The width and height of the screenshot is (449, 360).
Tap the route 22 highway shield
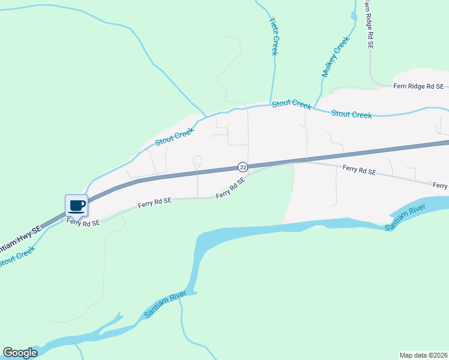coord(243,166)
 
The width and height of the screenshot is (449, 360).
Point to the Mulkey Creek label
coord(335,56)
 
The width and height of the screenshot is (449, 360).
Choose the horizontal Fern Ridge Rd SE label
coord(418,86)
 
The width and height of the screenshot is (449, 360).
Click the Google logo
coord(20,353)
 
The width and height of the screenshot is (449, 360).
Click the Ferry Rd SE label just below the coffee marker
coord(83,223)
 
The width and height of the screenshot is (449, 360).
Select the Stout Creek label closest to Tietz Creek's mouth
coord(292,104)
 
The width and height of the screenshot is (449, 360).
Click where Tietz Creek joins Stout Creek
coord(271,105)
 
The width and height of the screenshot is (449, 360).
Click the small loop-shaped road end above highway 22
coord(197,160)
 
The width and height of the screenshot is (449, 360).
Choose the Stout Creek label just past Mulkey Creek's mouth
coord(351,114)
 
